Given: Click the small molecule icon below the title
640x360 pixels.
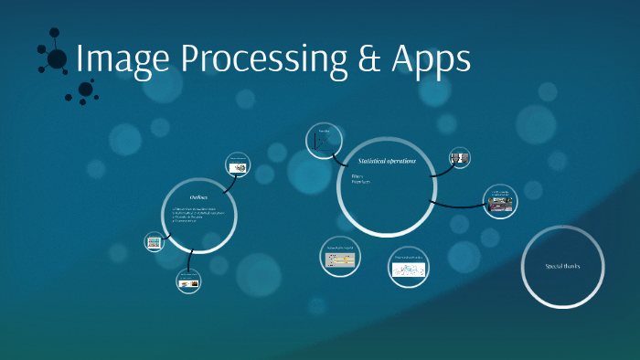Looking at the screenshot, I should [x=87, y=89].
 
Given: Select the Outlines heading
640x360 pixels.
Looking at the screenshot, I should [x=199, y=197].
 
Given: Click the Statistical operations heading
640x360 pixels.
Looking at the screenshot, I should [x=388, y=161].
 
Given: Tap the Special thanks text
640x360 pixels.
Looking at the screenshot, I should [x=562, y=266].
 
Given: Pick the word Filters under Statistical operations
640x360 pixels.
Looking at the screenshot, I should [x=357, y=175].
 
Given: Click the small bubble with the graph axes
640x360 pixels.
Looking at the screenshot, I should [x=322, y=141].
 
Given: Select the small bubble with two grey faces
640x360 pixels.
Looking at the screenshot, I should [x=460, y=157].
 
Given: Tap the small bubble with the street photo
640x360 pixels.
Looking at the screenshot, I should [x=500, y=200].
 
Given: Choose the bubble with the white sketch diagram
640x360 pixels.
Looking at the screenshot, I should [x=408, y=267].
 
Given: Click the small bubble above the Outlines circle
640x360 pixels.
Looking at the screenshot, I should [x=238, y=164].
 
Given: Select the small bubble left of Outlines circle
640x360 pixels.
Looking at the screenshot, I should [x=155, y=242].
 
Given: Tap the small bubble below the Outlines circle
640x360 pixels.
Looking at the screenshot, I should [x=188, y=282].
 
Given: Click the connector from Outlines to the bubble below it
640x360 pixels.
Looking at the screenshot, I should [x=189, y=261].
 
